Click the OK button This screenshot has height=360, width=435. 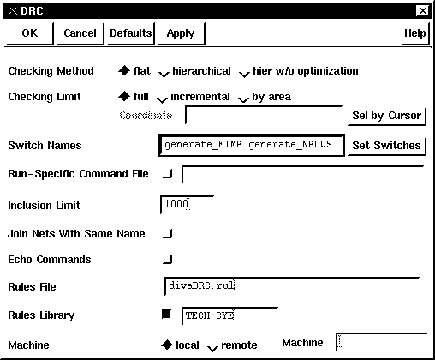30,33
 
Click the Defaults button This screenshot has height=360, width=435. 131,33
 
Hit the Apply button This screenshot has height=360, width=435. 181,33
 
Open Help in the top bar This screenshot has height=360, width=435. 415,33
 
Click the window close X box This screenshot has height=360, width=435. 423,11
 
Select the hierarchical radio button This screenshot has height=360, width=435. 164,74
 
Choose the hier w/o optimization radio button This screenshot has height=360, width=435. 244,74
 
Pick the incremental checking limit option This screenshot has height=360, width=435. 162,99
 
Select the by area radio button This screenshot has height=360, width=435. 243,99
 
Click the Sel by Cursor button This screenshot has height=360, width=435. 387,116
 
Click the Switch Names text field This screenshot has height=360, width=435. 252,145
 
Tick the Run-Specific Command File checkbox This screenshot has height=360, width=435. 168,173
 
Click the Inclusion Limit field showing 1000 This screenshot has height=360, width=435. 187,205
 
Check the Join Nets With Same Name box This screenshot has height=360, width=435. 168,233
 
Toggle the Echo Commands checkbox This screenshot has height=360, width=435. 168,259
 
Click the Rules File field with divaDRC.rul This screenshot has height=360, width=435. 292,286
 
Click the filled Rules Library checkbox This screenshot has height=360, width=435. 166,314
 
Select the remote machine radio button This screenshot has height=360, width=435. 212,347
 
